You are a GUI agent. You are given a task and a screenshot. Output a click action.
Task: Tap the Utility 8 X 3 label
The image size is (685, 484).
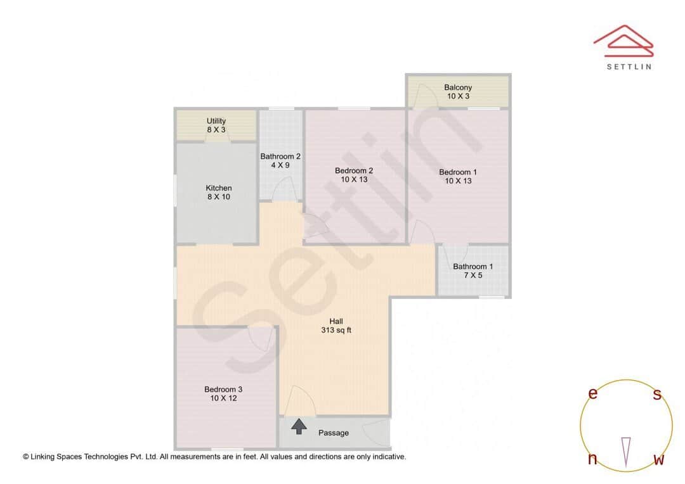coord(216,125)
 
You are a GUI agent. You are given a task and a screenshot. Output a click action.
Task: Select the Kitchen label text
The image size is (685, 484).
coord(219,193)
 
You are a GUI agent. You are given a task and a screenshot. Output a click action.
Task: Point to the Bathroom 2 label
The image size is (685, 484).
coord(280,161)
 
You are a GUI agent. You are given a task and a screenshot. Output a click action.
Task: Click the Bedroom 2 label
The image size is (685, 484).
coord(354,175)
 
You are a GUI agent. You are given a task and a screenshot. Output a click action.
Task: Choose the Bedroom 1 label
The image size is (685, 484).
coord(458,176)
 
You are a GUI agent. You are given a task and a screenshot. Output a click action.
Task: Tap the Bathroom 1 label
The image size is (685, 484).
coord(473,271)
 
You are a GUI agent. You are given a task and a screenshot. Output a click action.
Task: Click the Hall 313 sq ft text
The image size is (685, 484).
coord(336,326)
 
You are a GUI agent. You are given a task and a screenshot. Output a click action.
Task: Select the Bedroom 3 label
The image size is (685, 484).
coord(223,393)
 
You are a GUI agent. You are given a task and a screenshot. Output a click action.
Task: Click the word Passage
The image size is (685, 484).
coord(334,433)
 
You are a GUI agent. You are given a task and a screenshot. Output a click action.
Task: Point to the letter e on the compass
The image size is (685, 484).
coord(593,393)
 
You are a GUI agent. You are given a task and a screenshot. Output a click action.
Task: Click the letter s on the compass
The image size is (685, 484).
coord(657,395)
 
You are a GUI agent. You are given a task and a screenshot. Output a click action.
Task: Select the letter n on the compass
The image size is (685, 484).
coord(592,459)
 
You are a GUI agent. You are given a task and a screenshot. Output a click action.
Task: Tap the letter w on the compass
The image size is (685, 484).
coord(659,459)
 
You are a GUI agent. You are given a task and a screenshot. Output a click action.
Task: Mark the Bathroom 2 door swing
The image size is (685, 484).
coord(286,189)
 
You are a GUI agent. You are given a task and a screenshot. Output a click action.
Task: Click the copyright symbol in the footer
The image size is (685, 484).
coord(26,456)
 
